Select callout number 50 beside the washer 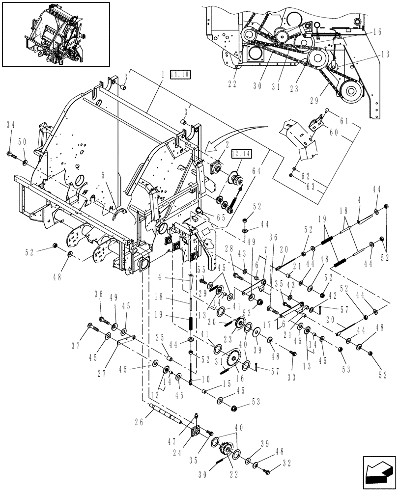pos(22,141)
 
